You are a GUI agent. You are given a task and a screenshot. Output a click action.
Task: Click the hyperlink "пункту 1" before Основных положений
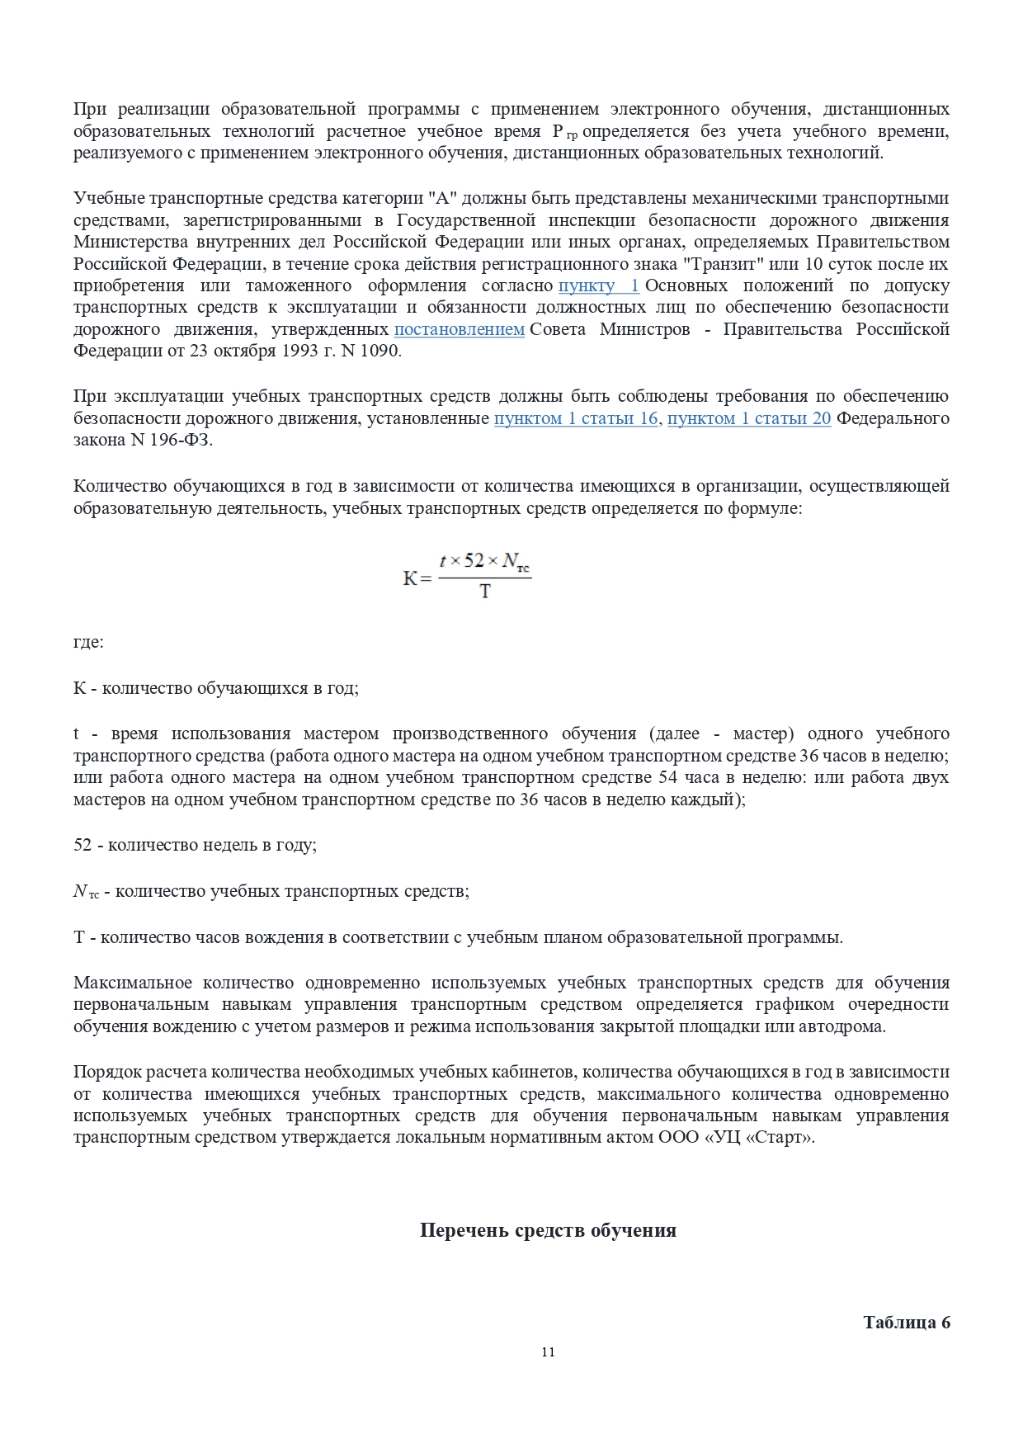tap(598, 285)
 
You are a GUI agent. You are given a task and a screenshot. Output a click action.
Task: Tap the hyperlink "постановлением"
tap(460, 329)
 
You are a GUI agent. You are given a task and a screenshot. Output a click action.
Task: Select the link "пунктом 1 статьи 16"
tap(576, 418)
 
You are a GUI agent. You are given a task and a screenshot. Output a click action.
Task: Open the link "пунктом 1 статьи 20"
tap(749, 418)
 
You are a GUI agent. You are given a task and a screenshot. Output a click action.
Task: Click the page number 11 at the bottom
tap(549, 1351)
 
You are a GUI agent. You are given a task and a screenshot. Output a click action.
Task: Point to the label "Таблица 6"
tap(906, 1322)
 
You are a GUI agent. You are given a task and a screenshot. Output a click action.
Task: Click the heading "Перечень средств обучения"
tap(548, 1230)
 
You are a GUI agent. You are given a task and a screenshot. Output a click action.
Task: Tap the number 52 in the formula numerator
tap(474, 561)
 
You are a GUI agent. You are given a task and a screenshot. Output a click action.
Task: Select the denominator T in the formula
tap(485, 592)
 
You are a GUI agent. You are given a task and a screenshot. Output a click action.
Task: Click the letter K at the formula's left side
tap(410, 578)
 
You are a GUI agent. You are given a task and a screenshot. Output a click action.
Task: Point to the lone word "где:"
tap(88, 641)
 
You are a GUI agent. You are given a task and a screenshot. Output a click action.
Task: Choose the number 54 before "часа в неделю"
tap(668, 777)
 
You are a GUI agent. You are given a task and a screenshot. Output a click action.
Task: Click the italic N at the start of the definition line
tap(80, 891)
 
